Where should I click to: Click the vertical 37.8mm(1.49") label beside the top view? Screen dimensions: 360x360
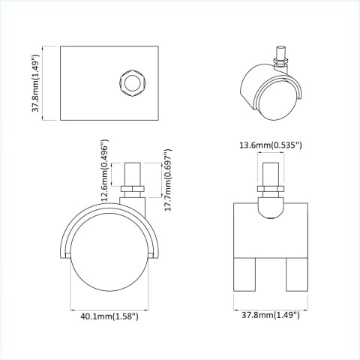tap(35, 83)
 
